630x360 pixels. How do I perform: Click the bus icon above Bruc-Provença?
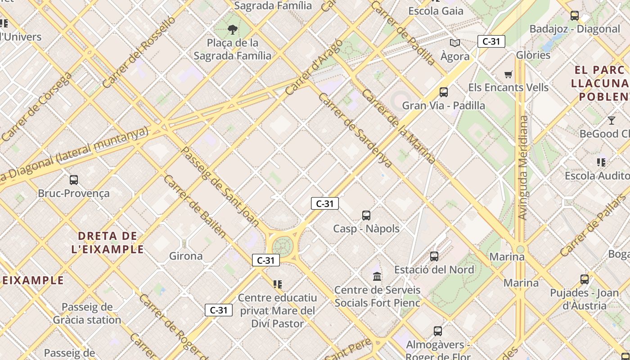[x=74, y=180]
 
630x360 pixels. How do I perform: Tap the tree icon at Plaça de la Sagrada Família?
[x=233, y=30]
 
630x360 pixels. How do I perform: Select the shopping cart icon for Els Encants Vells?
[x=508, y=74]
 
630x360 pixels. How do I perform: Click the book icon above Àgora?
[x=455, y=43]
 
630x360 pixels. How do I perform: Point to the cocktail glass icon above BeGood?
[x=611, y=120]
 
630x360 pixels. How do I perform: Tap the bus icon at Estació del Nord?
[x=434, y=256]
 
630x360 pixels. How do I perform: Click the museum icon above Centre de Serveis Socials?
[x=377, y=276]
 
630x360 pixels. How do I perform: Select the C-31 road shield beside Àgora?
[x=491, y=41]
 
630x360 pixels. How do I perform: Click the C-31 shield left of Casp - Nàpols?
[x=324, y=203]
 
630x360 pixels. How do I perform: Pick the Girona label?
[x=186, y=256]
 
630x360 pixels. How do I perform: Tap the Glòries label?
[x=533, y=55]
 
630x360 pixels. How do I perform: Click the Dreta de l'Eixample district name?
[x=108, y=243]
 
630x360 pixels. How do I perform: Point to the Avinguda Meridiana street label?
[x=523, y=167]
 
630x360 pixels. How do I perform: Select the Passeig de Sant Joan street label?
[x=220, y=186]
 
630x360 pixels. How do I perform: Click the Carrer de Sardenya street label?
[x=355, y=130]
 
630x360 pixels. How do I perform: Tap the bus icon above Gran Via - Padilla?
[x=444, y=92]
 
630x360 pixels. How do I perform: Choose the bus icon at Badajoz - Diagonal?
[x=575, y=16]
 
